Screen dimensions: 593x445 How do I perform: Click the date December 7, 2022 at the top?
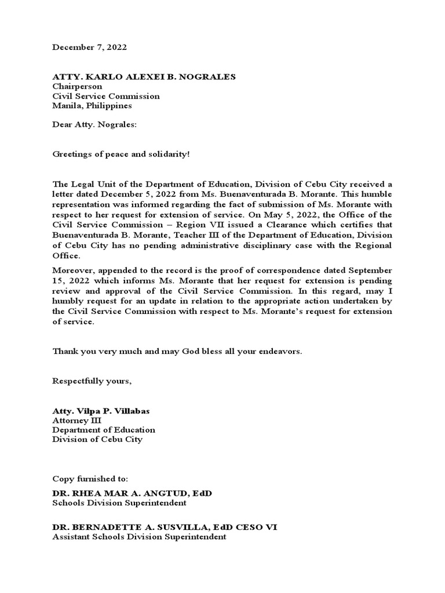click(89, 47)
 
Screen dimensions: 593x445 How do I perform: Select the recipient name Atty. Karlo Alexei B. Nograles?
click(144, 77)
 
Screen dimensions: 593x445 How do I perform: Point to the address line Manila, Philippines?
click(92, 106)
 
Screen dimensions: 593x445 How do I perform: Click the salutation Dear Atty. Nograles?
click(95, 125)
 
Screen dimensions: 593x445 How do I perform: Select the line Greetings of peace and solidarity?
click(121, 155)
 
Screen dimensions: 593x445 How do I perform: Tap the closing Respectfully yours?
click(92, 380)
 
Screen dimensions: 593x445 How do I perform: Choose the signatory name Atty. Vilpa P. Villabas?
click(101, 411)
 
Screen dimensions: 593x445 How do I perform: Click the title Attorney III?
click(76, 420)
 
